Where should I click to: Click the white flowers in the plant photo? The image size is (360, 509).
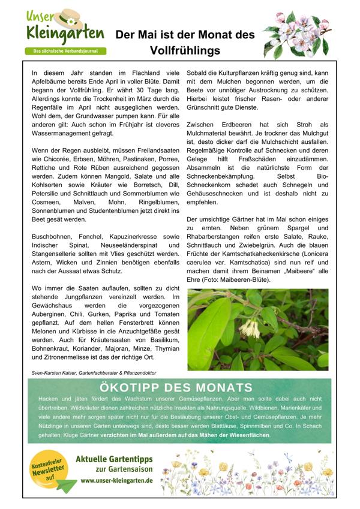coord(248,326)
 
